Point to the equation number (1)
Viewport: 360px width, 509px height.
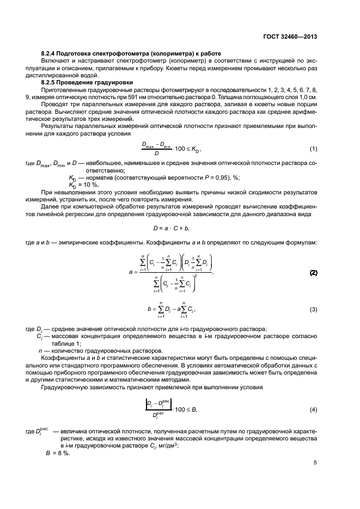[313, 149]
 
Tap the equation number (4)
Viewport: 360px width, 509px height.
[313, 409]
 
